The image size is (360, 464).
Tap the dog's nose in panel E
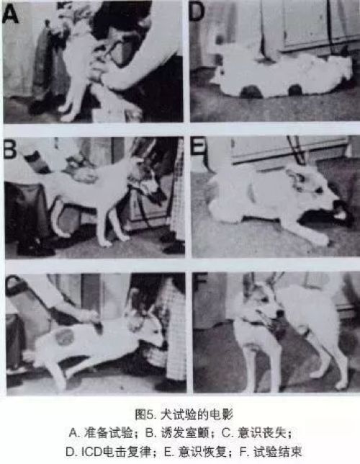(337, 204)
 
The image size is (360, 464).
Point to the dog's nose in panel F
(279, 313)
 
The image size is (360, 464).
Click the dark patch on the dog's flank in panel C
(63, 337)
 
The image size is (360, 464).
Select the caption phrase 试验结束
(278, 452)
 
